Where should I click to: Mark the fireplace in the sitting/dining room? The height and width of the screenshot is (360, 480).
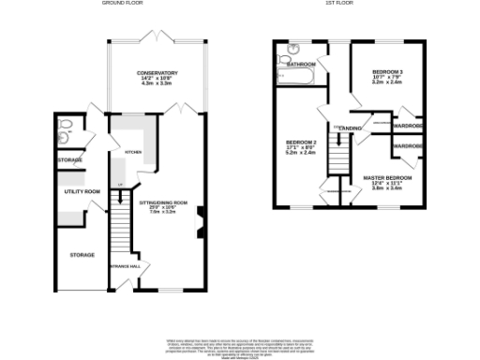coord(201,223)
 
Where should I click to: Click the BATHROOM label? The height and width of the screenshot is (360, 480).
coord(300,64)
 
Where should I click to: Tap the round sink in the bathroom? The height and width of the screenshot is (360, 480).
coord(292,50)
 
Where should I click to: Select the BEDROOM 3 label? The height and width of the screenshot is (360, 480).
coord(386,71)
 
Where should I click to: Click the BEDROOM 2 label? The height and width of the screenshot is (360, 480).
coord(302,142)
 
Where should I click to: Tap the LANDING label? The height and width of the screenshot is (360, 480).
coord(351,127)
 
